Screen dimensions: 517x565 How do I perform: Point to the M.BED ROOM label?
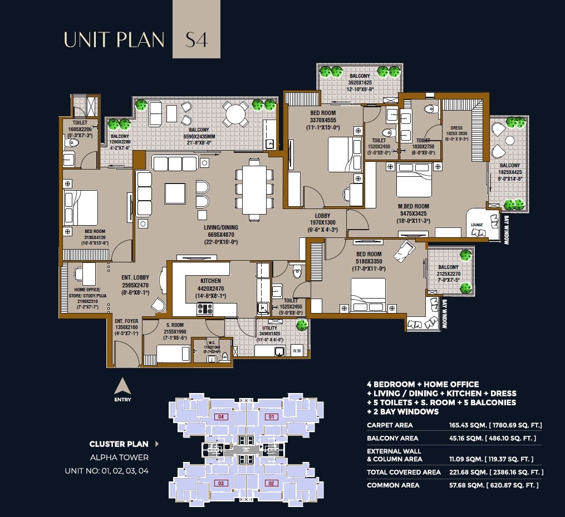tap(414, 206)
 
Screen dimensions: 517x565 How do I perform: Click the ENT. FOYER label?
tap(126, 321)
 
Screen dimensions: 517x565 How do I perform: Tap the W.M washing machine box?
tap(297, 350)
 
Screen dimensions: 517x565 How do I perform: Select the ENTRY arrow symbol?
tap(122, 384)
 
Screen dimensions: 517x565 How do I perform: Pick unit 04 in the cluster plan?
tap(221, 416)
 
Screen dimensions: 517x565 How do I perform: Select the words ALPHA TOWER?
tap(119, 458)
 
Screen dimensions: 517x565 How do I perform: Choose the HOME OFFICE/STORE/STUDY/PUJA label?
tap(85, 296)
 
